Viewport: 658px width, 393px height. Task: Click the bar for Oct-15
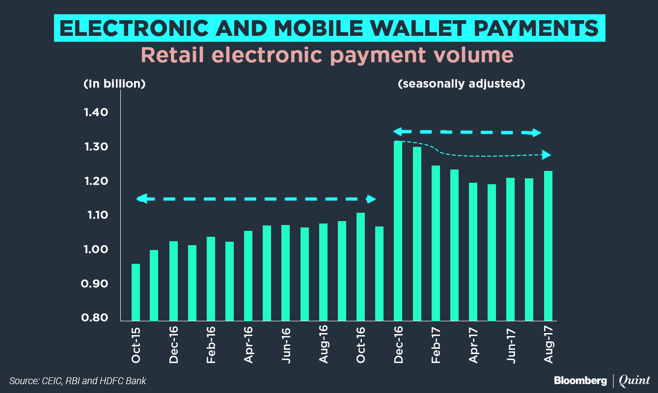[x=136, y=292]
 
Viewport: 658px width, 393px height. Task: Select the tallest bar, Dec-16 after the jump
[x=398, y=231]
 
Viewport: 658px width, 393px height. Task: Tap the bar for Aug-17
[x=548, y=246]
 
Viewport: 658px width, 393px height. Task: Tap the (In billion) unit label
[x=114, y=84]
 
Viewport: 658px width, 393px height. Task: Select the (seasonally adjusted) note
[x=461, y=84]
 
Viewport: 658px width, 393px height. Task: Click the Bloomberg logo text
[x=580, y=380]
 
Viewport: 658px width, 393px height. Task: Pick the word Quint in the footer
[x=634, y=380]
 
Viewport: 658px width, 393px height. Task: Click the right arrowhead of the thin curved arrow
[x=547, y=155]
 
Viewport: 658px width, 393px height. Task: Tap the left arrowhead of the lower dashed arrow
[x=141, y=199]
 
